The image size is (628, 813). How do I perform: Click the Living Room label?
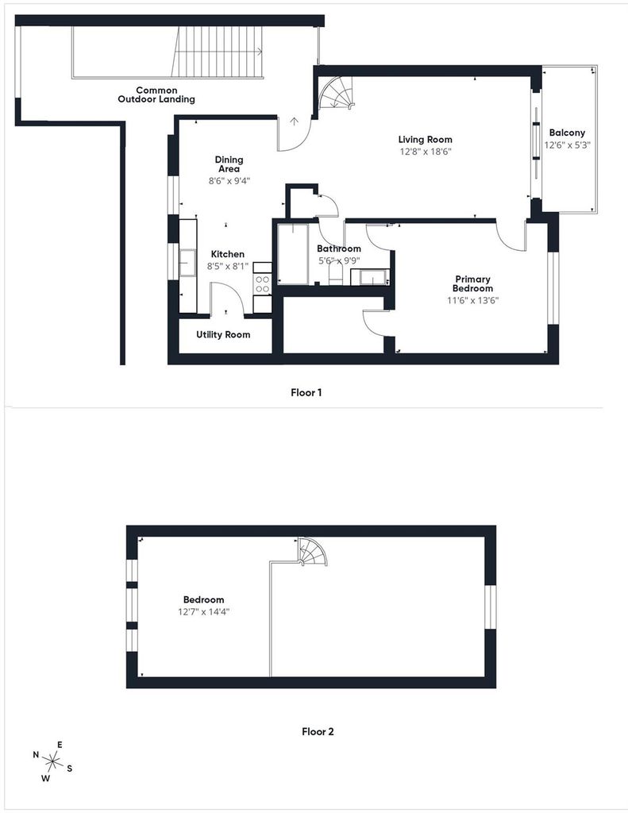(425, 140)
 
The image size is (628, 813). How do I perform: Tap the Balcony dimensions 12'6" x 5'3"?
(568, 145)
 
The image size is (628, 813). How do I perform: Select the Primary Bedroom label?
(472, 283)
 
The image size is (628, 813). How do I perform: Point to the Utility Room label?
(223, 335)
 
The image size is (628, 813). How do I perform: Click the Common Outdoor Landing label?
(156, 94)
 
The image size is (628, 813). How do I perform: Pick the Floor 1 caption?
(306, 392)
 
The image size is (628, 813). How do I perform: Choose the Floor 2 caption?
(318, 731)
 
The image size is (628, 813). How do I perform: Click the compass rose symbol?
(52, 761)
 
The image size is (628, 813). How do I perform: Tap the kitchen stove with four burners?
(263, 284)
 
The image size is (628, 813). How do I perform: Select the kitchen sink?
(187, 262)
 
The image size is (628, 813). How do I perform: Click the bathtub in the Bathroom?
(292, 253)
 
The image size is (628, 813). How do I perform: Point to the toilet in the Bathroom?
(336, 275)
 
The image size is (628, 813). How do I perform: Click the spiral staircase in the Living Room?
(336, 93)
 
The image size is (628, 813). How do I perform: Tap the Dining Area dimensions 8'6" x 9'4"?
(229, 182)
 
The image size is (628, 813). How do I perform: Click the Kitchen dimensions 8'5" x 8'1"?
(228, 267)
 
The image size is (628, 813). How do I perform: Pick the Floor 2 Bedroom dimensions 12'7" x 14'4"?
(204, 612)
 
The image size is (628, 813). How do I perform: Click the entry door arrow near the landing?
(295, 121)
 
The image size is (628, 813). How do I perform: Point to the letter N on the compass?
(36, 755)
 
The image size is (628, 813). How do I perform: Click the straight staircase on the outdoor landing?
(217, 52)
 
